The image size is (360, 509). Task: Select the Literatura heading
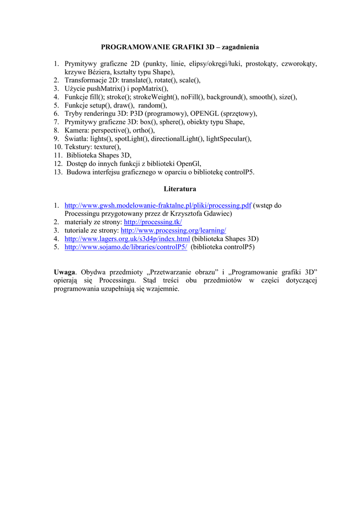[x=180, y=189]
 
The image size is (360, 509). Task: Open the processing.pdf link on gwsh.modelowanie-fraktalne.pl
[x=158, y=205]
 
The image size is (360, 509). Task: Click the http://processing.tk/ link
[x=153, y=222]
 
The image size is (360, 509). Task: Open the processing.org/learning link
[x=173, y=231]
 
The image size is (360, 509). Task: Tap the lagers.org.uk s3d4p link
[x=127, y=239]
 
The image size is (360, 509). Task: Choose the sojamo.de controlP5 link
[x=126, y=247]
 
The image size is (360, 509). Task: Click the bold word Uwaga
[x=65, y=272]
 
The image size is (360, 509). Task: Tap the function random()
[x=152, y=105]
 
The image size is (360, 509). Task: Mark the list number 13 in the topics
[x=58, y=172]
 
